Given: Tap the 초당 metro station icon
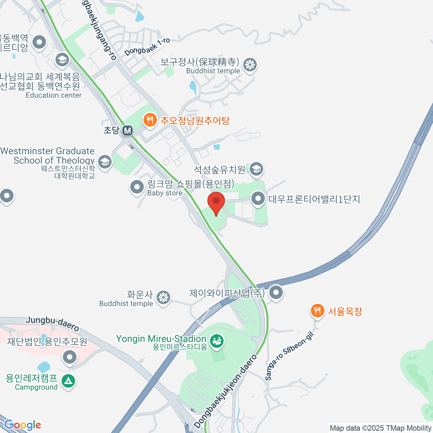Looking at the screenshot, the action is (127, 131).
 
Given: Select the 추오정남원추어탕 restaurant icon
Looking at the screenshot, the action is (149, 119).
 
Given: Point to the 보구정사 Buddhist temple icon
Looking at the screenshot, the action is (250, 65).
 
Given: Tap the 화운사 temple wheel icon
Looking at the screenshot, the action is (163, 298).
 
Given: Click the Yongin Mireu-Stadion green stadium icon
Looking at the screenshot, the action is (216, 341).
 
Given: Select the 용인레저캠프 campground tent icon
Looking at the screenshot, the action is (68, 381).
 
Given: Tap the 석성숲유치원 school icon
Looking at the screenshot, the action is (257, 169).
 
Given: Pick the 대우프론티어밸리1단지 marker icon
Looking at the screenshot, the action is (258, 198).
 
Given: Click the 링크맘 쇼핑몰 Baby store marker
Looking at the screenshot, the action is (137, 187).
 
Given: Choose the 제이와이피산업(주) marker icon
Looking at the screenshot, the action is (276, 292).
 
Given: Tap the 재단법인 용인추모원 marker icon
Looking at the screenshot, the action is (70, 358).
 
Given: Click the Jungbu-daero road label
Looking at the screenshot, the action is (52, 324).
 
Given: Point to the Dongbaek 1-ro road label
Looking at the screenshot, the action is (147, 47).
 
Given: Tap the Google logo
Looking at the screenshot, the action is (23, 425).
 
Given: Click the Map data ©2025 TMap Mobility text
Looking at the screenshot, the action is (381, 428).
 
